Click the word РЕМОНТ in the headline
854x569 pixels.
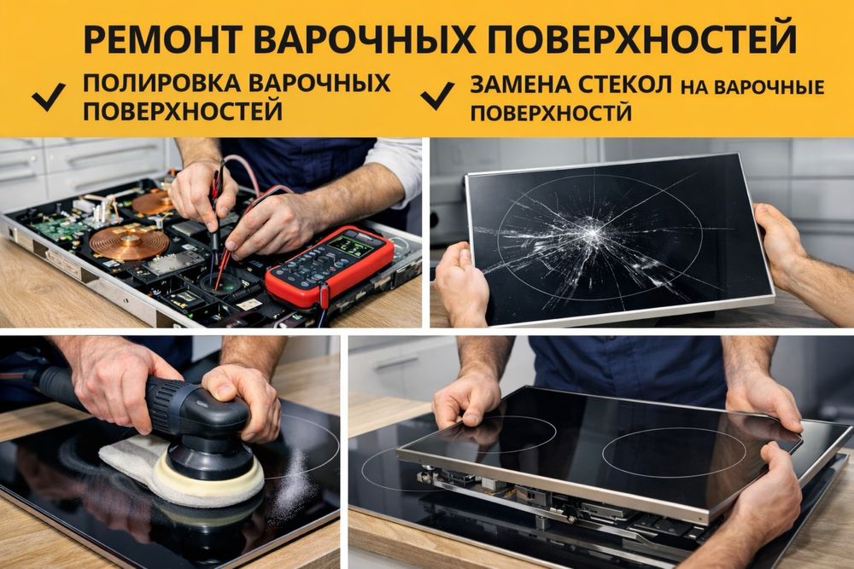tap(161, 39)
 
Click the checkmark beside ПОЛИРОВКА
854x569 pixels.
tap(49, 97)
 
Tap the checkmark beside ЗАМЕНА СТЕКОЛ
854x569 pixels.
tap(437, 96)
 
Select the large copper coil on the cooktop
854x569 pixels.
tap(126, 242)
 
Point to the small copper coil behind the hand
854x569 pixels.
tap(153, 201)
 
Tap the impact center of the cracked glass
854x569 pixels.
tap(592, 232)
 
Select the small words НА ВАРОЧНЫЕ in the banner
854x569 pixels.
tap(752, 87)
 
